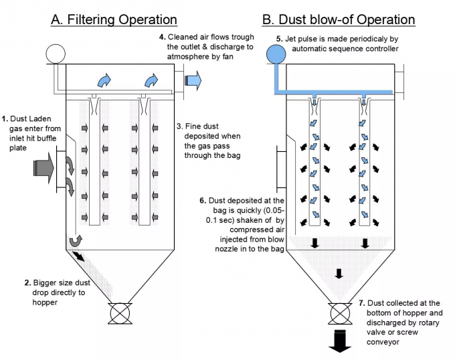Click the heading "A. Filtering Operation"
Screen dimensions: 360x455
[x=114, y=19]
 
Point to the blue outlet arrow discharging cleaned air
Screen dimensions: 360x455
[x=192, y=80]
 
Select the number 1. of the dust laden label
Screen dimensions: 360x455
[x=5, y=118]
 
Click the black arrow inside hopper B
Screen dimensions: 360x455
[x=339, y=273]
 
